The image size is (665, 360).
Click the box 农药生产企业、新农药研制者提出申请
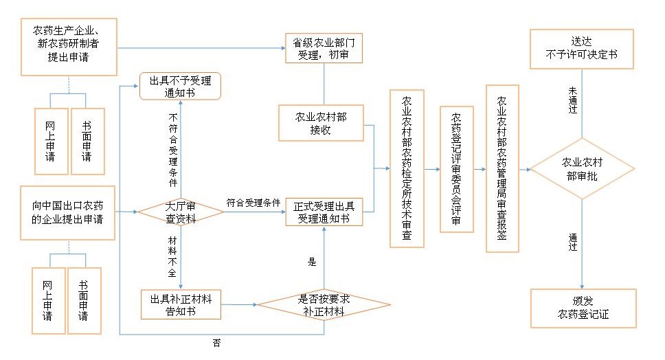[x=69, y=47]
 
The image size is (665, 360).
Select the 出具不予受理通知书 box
[x=181, y=87]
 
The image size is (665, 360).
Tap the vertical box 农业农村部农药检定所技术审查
[x=407, y=168]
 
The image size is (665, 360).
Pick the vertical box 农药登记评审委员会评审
[x=456, y=169]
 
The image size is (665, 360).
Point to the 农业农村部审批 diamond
[x=583, y=169]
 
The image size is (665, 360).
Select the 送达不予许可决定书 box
[x=582, y=48]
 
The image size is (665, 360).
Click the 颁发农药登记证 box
[x=582, y=308]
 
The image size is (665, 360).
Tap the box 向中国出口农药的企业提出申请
[x=67, y=212]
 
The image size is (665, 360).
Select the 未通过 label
[x=574, y=99]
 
